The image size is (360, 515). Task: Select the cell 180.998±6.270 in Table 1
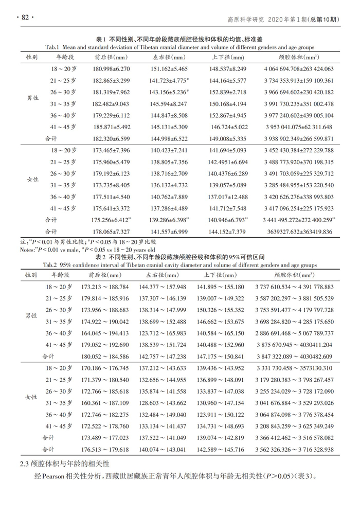point(111,68)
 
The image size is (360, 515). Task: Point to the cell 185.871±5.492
point(111,127)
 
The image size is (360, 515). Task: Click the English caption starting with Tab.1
point(180,47)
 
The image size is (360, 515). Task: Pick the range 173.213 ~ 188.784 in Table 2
point(111,287)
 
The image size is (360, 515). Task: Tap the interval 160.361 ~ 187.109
point(111,403)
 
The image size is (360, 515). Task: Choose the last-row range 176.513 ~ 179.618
point(111,449)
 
